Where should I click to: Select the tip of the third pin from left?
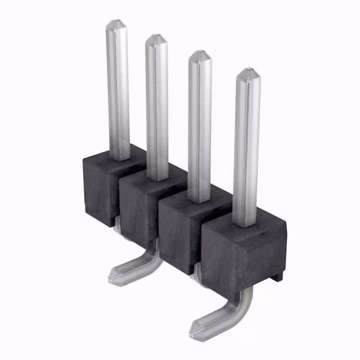[199, 54]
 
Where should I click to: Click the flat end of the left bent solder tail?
[115, 275]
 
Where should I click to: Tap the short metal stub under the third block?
[194, 272]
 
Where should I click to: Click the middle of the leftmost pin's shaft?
[118, 90]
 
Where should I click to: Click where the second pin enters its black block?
[157, 177]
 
